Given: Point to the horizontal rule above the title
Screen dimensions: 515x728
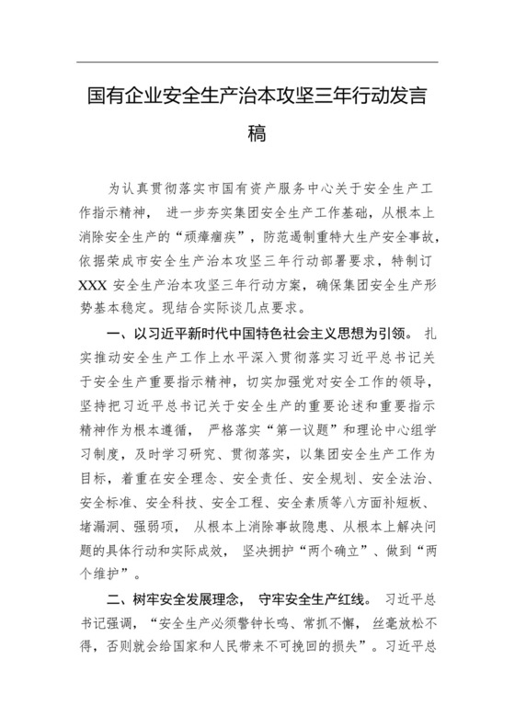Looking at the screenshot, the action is [x=257, y=62].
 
